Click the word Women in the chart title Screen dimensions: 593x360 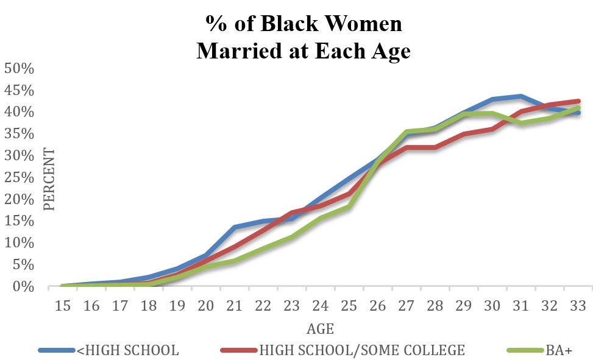(x=363, y=23)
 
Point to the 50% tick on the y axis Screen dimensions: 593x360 (x=20, y=69)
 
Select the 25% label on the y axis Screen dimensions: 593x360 (x=20, y=178)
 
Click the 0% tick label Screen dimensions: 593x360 (x=23, y=287)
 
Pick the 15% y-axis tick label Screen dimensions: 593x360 (x=20, y=221)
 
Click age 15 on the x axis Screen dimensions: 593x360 (x=63, y=306)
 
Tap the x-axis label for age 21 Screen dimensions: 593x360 (x=235, y=306)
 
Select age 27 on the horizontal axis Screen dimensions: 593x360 (x=406, y=306)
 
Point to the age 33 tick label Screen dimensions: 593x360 (x=578, y=306)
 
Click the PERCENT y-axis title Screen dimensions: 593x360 (x=49, y=179)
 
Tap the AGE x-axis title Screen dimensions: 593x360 (x=321, y=329)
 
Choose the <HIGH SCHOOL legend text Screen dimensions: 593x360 (x=128, y=350)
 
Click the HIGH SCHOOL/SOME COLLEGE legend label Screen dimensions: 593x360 (x=362, y=350)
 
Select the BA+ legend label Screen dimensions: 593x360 (x=559, y=350)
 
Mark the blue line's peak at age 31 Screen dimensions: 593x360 (x=520, y=96)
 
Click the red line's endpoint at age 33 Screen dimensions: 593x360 (x=578, y=101)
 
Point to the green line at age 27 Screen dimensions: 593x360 (x=406, y=132)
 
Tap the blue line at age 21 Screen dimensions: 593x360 (x=235, y=227)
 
